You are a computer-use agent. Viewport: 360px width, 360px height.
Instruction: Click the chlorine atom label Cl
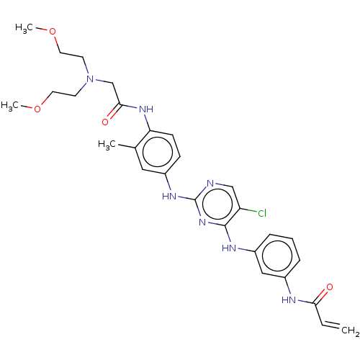262,213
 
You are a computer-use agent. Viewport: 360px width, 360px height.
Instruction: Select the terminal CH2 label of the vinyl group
350,330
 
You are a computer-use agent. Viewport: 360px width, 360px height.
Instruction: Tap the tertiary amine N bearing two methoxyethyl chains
90,78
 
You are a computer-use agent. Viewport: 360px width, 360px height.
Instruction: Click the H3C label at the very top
24,28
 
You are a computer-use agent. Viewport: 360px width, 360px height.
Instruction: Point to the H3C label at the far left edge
9,106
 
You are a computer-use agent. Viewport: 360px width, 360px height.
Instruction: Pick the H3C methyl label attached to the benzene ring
107,145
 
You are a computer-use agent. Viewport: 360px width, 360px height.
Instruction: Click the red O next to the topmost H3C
53,32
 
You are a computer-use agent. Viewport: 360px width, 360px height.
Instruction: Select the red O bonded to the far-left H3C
37,109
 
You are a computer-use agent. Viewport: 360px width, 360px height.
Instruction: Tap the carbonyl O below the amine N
105,122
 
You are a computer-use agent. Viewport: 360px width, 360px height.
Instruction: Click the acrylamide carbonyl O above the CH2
330,287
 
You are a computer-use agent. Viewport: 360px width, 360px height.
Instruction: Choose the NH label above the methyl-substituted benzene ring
146,109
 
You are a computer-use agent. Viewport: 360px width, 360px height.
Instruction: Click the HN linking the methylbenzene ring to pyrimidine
169,197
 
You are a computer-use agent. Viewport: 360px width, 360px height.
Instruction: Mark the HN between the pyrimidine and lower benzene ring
229,248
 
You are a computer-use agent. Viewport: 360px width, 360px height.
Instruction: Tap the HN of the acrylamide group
289,300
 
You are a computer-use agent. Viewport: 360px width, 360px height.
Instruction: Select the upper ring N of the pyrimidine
210,184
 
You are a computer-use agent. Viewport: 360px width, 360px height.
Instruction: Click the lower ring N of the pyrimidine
202,222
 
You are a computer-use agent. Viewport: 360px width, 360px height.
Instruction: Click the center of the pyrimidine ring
217,204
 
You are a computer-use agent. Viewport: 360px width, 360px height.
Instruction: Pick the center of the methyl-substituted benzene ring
158,152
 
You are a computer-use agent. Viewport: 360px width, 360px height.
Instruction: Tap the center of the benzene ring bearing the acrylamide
277,256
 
